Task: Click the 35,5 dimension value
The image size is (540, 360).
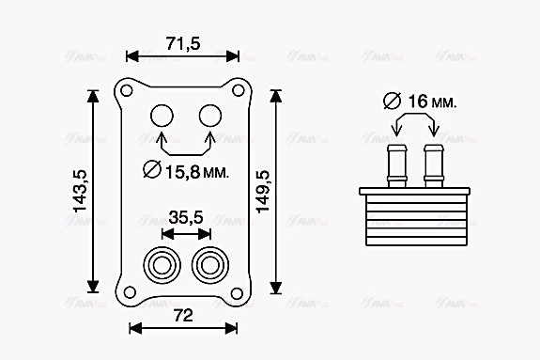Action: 185,217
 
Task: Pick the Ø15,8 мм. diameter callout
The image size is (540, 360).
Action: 185,171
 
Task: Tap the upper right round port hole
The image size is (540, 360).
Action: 208,116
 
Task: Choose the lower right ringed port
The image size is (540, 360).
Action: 208,264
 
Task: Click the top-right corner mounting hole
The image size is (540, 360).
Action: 239,91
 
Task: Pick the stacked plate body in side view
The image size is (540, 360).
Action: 414,219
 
